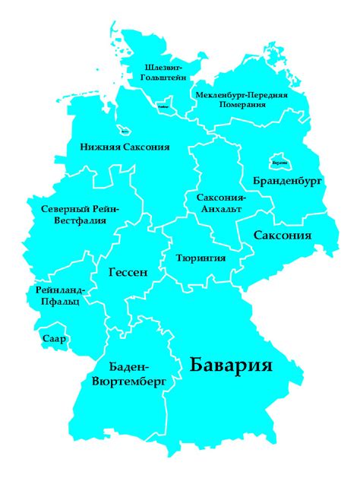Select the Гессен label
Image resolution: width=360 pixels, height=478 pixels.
tap(127, 272)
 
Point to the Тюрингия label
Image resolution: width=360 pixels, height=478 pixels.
tap(200, 258)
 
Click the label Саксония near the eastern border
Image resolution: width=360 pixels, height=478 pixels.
tap(282, 236)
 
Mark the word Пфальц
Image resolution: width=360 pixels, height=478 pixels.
tap(58, 302)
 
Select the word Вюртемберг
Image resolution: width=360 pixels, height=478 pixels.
tap(128, 382)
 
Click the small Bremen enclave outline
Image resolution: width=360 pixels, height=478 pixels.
tap(123, 130)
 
